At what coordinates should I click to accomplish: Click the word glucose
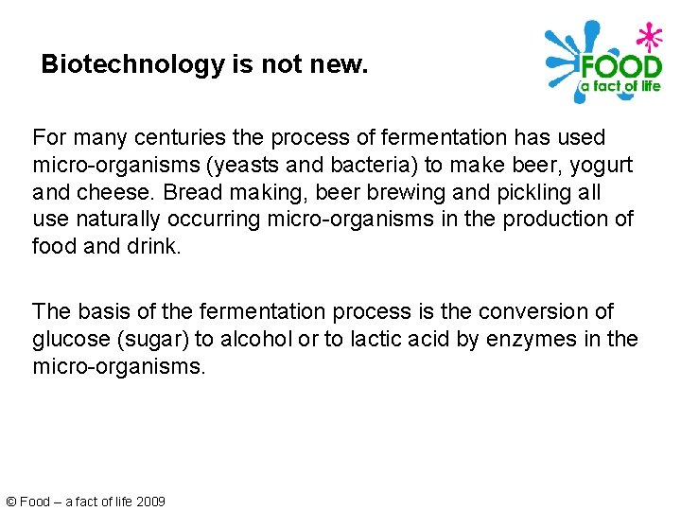pos(69,339)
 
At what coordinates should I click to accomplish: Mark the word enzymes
pos(525,339)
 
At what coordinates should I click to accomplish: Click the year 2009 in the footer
pos(149,502)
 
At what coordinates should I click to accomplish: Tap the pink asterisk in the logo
pos(647,36)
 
